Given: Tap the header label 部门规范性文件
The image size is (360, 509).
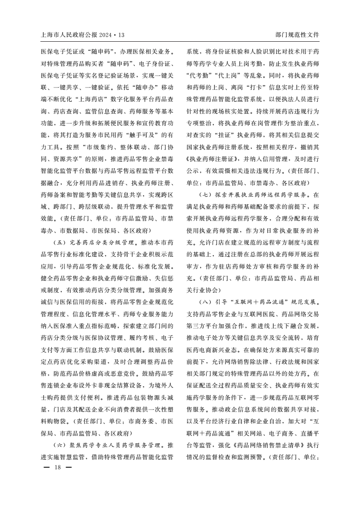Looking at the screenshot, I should coord(297,35).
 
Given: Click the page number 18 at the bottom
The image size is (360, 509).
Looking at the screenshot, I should coord(57,467).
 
